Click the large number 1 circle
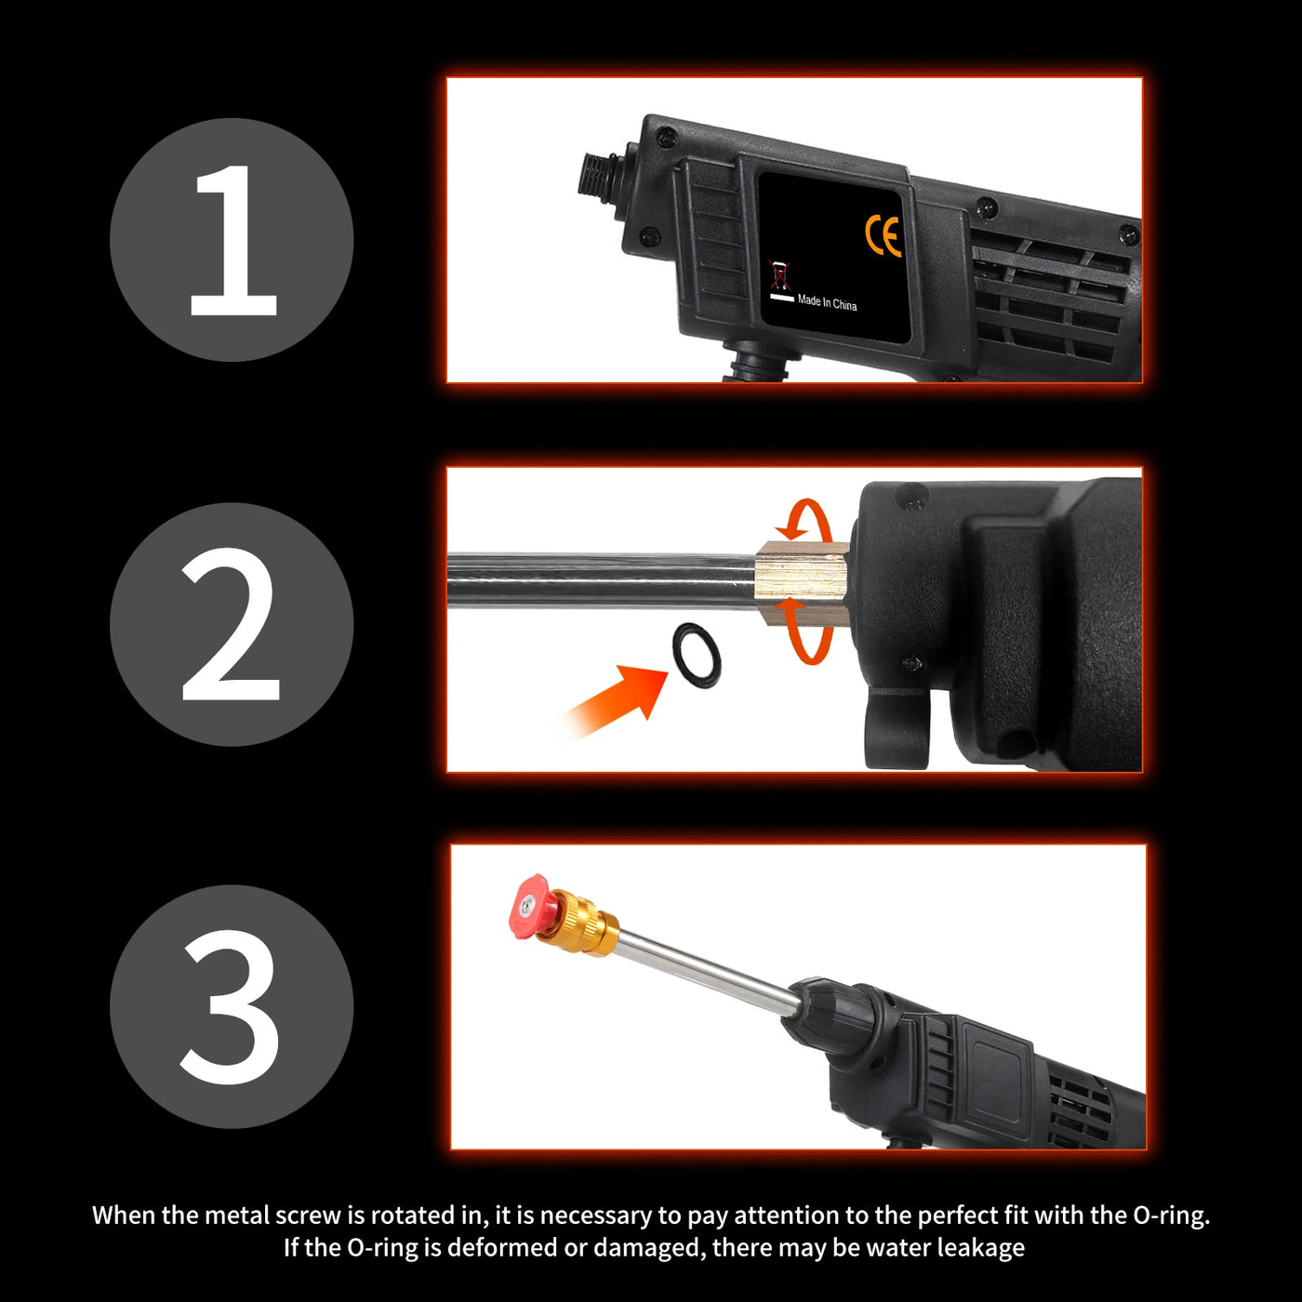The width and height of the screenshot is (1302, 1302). coord(231,240)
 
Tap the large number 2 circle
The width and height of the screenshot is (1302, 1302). coord(231,624)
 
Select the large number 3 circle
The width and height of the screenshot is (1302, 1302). coord(231,1007)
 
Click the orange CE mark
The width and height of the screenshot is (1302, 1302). coord(883,236)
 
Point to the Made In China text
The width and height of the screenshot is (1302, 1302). coord(827,302)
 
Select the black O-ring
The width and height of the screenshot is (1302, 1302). coord(696,656)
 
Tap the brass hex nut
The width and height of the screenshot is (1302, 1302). coord(802,583)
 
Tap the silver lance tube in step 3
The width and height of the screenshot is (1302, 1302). coord(710,968)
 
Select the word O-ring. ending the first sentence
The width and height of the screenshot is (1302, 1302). coord(1171,1216)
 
